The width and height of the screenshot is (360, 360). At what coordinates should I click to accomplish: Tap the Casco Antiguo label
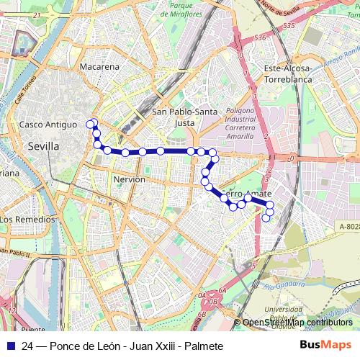pos(48,124)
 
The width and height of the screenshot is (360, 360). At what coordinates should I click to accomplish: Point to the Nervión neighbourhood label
pos(130,179)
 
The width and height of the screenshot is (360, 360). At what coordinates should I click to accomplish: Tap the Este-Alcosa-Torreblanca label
pos(298,73)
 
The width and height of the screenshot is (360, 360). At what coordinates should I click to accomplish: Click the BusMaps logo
pos(325,346)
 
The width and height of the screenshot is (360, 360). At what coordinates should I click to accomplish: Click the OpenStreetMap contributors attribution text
pos(297,323)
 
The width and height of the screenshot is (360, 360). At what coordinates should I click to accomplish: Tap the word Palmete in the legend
pos(204,346)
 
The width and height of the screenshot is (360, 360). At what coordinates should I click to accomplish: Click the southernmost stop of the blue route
pos(266,218)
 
